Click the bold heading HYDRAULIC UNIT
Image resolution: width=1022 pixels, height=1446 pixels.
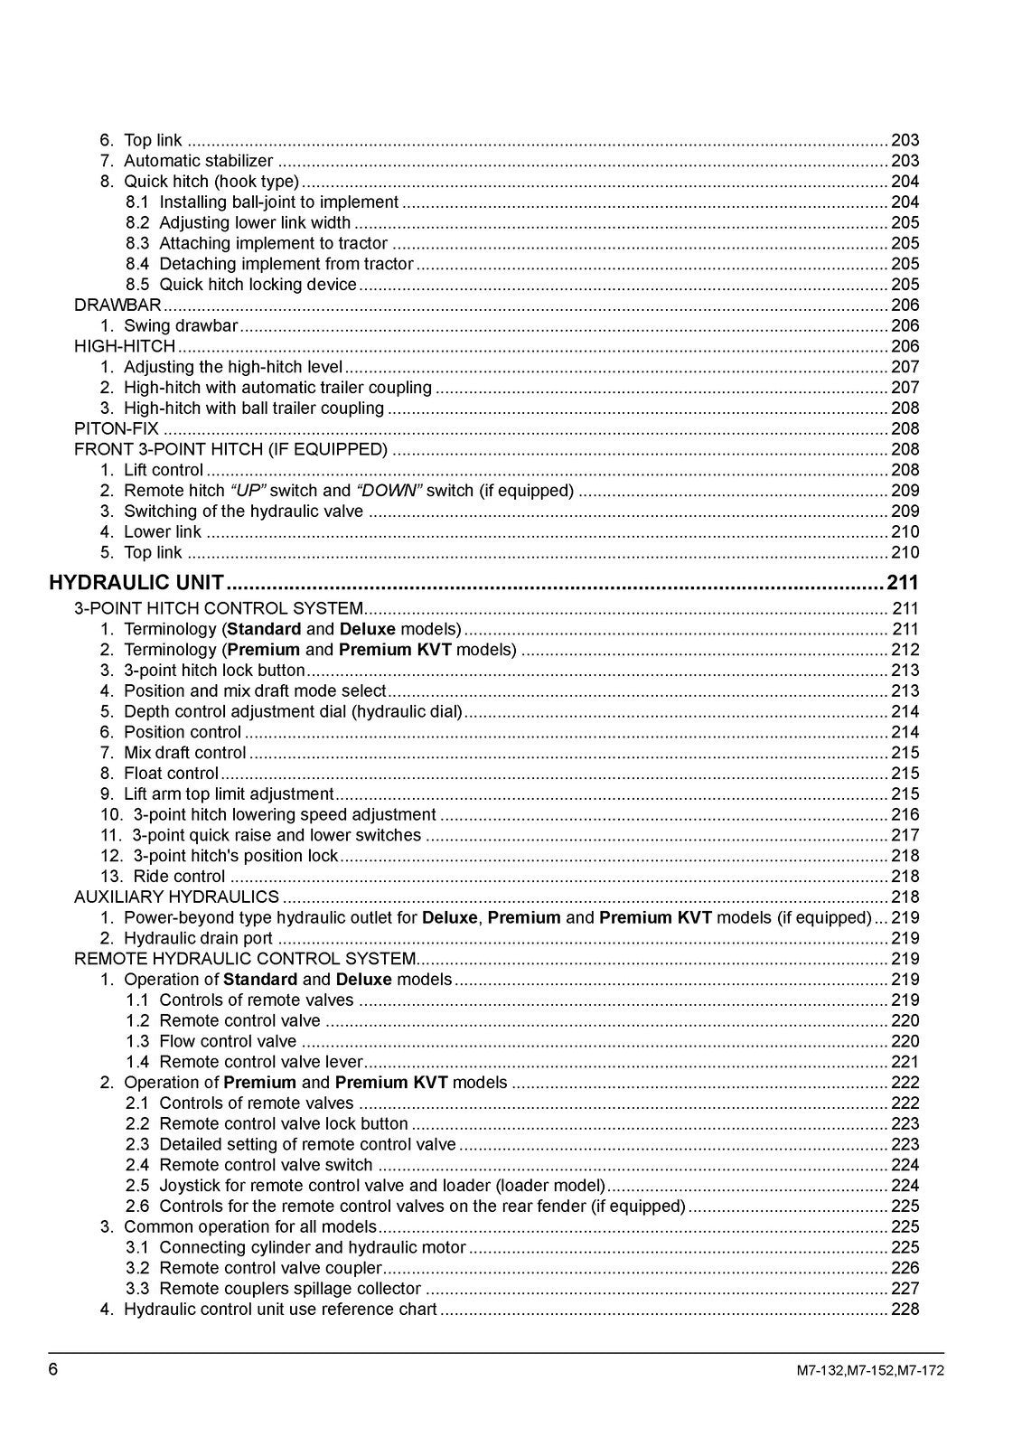136,583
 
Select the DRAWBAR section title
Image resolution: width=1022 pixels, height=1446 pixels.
117,305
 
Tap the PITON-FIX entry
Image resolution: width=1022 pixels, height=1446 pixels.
117,429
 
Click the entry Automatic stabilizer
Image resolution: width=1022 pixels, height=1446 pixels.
198,161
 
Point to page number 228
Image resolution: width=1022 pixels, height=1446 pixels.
905,1309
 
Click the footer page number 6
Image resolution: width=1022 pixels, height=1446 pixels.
53,1369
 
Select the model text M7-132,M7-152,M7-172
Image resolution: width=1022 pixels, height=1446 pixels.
870,1370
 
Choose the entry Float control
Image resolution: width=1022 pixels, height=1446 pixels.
171,774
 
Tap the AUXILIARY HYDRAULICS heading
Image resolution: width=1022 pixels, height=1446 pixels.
176,897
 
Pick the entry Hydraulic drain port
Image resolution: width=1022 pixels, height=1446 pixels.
198,938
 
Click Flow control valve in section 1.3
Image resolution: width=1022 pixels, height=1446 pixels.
228,1041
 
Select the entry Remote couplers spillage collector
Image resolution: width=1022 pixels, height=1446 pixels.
290,1289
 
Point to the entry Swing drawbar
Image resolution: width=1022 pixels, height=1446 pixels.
181,326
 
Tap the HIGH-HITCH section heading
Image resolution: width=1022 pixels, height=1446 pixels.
125,347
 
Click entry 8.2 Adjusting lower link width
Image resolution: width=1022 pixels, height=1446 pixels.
255,223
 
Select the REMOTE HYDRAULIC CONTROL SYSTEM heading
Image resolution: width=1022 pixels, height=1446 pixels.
245,959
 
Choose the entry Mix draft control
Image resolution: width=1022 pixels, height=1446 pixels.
184,753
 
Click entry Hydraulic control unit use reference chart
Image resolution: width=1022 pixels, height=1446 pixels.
280,1309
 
